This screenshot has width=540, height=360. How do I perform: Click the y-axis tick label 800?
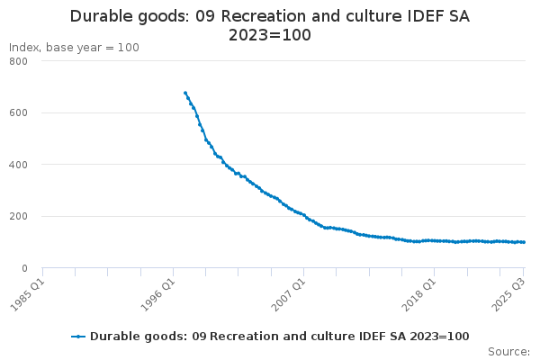coord(18,61)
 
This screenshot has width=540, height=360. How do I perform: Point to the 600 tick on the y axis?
coord(18,113)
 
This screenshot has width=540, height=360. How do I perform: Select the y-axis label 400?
coord(18,165)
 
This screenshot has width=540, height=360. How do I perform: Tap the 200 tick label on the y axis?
coord(18,217)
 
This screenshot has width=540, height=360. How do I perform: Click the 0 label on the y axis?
coord(24,268)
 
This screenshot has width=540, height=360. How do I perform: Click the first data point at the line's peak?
coord(185,93)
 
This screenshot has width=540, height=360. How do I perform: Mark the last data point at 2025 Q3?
coord(524,242)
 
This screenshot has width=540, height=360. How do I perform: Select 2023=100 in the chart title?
coord(270,36)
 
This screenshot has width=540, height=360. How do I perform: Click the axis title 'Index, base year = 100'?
coord(74,47)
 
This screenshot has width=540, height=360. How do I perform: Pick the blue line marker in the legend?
coord(78,336)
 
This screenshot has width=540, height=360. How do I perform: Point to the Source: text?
coord(508,352)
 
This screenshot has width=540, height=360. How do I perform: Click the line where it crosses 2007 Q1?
coord(304,215)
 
